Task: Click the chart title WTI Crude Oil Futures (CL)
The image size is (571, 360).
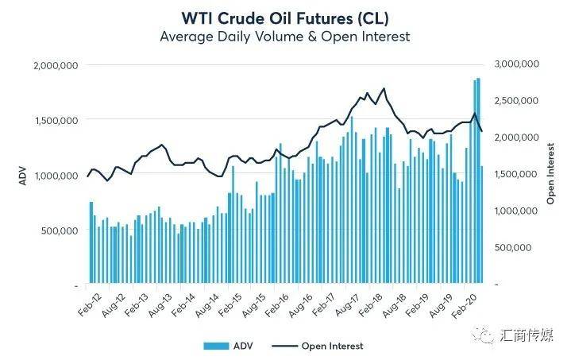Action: click(x=285, y=18)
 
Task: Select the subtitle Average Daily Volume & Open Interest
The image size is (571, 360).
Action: click(x=285, y=37)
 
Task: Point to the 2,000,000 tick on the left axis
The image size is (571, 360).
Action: click(x=56, y=66)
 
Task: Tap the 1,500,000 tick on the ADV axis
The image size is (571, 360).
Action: click(x=56, y=120)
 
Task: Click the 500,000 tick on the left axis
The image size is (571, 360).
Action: click(x=60, y=230)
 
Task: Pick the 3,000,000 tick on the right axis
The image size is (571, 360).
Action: click(x=517, y=64)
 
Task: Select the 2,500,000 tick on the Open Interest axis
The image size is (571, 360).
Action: click(x=517, y=101)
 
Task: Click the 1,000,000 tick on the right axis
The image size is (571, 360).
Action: click(x=517, y=211)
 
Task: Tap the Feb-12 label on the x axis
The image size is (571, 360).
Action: click(x=91, y=304)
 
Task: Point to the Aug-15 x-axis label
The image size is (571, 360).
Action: click(x=254, y=304)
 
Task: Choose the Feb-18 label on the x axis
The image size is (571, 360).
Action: click(x=371, y=304)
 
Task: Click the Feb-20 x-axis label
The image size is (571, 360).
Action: click(x=465, y=306)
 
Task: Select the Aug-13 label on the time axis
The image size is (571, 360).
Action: click(x=160, y=304)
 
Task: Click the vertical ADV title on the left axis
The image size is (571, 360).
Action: click(x=23, y=176)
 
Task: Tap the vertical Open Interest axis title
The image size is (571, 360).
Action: click(x=550, y=173)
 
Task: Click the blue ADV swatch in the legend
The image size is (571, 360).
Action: click(x=216, y=346)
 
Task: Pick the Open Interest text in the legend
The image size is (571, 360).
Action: click(x=333, y=346)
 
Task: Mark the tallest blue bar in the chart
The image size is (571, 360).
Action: click(x=479, y=180)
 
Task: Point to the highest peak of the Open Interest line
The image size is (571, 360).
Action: click(x=384, y=88)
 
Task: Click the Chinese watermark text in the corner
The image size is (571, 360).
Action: click(x=527, y=335)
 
